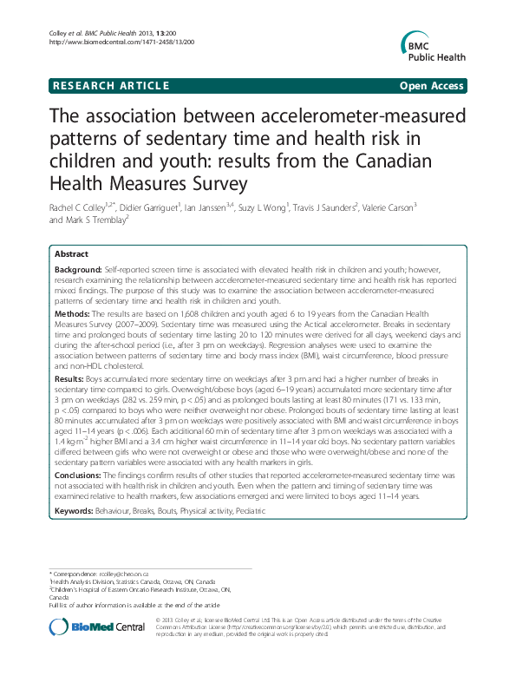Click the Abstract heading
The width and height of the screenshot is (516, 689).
click(x=70, y=253)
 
